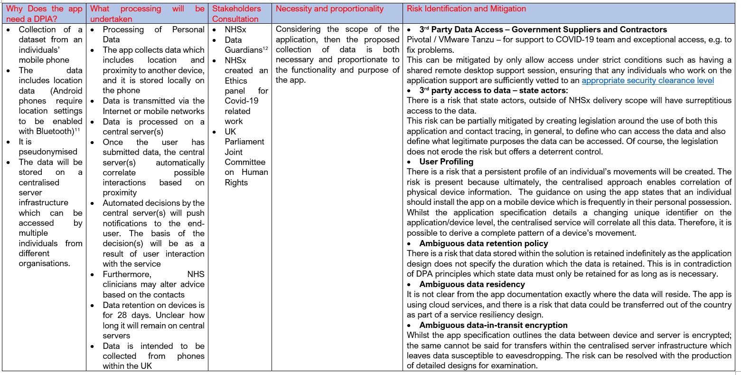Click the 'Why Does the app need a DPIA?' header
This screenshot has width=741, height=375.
point(44,14)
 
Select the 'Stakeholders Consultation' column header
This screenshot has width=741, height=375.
point(236,14)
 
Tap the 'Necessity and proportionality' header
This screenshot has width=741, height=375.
point(329,9)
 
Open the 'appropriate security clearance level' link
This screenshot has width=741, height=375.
point(647,80)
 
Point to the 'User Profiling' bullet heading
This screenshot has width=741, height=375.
point(446,162)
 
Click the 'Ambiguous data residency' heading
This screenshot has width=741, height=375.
point(472,284)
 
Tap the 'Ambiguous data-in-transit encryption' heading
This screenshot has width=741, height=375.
point(493,325)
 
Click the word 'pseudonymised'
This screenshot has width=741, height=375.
point(48,152)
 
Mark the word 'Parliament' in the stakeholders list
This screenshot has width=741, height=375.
point(244,142)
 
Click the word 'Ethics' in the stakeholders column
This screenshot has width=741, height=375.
point(236,80)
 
